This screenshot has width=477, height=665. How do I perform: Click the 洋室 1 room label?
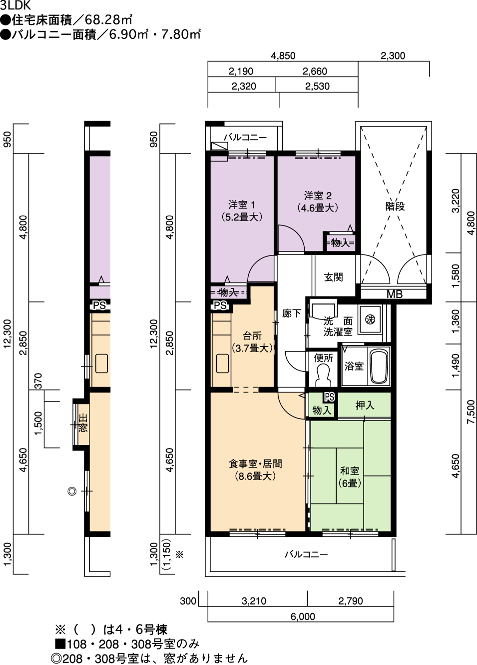[241, 205]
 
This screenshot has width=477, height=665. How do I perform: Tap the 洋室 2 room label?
[317, 195]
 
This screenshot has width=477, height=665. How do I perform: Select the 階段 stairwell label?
[395, 206]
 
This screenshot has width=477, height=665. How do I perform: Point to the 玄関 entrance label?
[334, 277]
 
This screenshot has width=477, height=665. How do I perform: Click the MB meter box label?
[395, 294]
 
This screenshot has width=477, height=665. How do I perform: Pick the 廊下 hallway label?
[291, 313]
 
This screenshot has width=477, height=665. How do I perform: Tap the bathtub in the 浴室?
[380, 366]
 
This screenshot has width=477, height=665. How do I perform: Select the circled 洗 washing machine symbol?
[370, 319]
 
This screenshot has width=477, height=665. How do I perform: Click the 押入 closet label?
[365, 405]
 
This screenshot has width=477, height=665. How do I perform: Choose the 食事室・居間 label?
[255, 463]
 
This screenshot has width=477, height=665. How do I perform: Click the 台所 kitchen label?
[252, 336]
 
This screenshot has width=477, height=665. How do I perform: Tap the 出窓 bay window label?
[83, 423]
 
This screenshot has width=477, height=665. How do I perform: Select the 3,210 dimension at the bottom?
[254, 601]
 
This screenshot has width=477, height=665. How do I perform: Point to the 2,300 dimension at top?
[393, 55]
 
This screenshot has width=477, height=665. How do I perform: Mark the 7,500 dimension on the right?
[471, 412]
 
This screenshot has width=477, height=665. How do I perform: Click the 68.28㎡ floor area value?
[108, 20]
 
